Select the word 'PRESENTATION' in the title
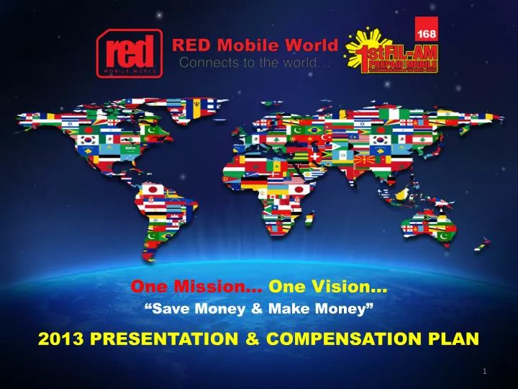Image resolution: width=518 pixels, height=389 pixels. [x=166, y=337]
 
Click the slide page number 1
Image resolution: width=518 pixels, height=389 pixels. [x=486, y=371]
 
